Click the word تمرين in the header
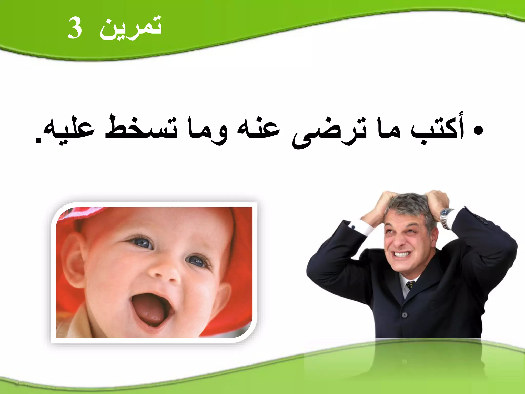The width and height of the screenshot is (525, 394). click(131, 28)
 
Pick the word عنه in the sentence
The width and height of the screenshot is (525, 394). click(258, 128)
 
